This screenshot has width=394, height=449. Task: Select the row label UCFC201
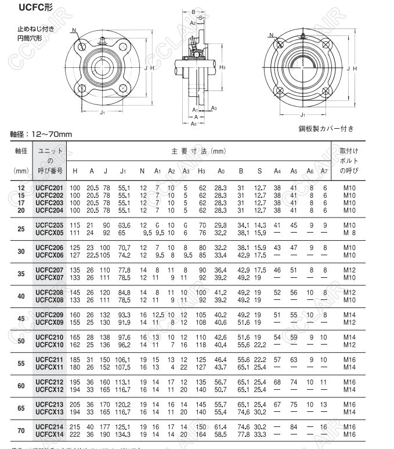[x=49, y=188]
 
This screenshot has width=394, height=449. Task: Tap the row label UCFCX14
[x=49, y=434]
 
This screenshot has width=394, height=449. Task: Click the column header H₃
[x=202, y=171]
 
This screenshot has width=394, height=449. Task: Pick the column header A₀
[x=221, y=171]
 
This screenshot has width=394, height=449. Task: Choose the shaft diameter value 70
[x=21, y=431]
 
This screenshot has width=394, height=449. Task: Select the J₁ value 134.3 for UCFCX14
[x=124, y=434]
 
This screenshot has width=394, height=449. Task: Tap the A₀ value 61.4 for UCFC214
[x=220, y=427]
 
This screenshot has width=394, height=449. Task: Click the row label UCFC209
[x=49, y=314]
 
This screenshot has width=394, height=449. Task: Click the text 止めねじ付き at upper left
[x=35, y=28]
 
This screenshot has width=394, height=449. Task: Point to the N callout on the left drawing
[x=74, y=30]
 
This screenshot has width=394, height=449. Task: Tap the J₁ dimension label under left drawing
[x=102, y=113]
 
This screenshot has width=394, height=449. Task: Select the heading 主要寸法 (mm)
[x=198, y=151]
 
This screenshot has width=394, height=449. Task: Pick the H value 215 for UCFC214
[x=75, y=427]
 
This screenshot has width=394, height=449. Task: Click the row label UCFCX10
[x=49, y=345]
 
